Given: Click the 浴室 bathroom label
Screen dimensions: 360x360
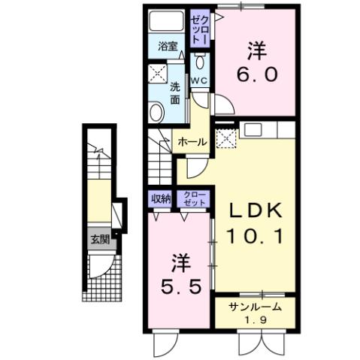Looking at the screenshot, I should click(x=168, y=46).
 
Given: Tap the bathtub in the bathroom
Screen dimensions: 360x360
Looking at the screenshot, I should click(x=167, y=23).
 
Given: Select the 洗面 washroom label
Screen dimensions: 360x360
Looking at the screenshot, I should click(x=174, y=92).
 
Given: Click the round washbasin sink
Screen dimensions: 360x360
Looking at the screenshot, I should click(x=157, y=113).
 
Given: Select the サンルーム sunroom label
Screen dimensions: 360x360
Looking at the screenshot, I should click(x=256, y=306).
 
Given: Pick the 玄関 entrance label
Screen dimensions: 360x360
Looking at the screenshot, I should click(x=100, y=241).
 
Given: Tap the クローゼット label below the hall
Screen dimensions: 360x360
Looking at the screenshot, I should click(x=189, y=198).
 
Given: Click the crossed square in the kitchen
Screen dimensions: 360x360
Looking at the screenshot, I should click(x=225, y=138).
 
